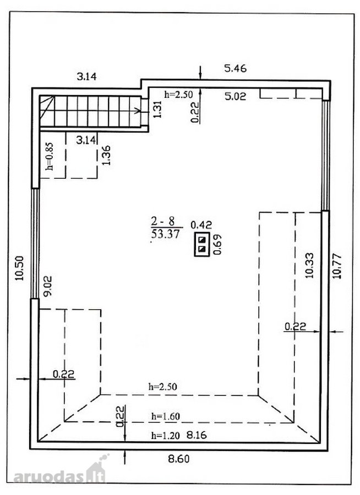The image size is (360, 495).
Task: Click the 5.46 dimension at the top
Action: point(235,68)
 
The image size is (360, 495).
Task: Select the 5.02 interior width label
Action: point(235,96)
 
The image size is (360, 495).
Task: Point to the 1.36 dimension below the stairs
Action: point(106,155)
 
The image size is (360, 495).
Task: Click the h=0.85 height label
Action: point(50,157)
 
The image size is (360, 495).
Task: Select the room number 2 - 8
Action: point(162,221)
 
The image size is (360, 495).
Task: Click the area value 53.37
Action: point(165,234)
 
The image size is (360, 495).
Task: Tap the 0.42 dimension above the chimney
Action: point(201,225)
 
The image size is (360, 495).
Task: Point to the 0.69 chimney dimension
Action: point(218,244)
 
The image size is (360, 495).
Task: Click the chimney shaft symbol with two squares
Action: point(202,245)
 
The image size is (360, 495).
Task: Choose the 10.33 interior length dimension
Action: point(309,265)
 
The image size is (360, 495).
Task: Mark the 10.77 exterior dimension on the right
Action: point(337,266)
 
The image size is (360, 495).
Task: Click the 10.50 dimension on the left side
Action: point(20,268)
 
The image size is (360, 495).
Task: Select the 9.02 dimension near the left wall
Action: point(48,286)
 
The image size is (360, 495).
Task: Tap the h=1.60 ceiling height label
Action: point(165,416)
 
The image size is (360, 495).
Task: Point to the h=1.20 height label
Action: point(165,436)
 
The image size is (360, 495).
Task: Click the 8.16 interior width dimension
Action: point(197,435)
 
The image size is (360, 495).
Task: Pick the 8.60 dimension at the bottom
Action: point(179,458)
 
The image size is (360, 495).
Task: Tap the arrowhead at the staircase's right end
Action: point(138,111)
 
